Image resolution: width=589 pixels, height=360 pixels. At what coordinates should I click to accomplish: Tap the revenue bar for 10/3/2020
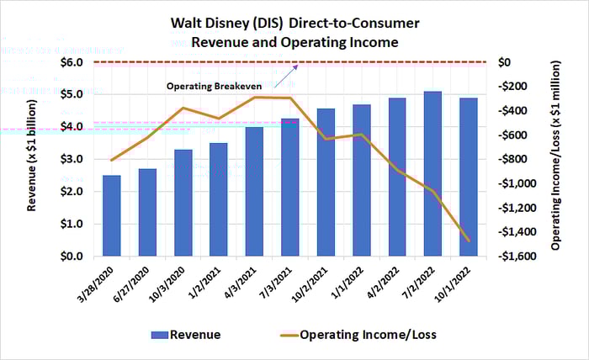click(183, 203)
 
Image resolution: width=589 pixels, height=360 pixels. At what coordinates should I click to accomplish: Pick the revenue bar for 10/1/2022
click(467, 177)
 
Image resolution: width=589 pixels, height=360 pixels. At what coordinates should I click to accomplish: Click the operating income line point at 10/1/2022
click(467, 241)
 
